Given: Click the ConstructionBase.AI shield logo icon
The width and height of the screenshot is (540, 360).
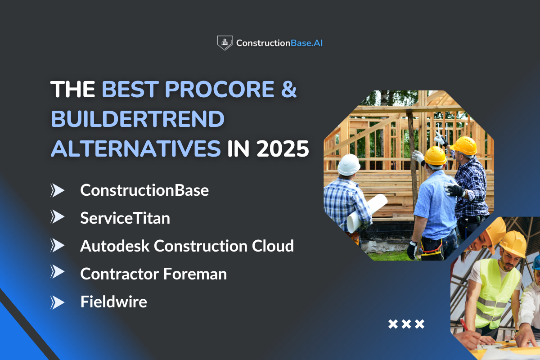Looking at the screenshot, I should [225, 43].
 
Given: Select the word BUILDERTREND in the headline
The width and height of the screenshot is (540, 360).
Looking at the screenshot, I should [137, 119].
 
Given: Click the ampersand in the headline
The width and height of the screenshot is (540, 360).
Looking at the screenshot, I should [288, 90].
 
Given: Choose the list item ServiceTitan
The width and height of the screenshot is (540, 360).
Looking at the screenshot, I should [125, 218].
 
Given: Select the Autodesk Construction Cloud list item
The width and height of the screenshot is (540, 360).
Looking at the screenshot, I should [187, 246].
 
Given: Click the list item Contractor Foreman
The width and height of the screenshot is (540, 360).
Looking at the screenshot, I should [153, 274].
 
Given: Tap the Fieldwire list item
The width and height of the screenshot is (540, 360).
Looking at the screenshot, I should [113, 301].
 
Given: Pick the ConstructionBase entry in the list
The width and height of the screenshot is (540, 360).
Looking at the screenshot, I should [144, 190].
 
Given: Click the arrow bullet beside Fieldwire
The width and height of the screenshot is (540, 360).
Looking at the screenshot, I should [58, 302].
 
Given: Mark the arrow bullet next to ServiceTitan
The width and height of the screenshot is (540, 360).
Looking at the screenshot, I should [58, 218].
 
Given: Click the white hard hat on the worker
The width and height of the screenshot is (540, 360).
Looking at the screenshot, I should [349, 165].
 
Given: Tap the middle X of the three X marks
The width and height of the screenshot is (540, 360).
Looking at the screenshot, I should [406, 324].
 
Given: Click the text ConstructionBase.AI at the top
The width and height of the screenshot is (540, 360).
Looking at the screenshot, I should [279, 43].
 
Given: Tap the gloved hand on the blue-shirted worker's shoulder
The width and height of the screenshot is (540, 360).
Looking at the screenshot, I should [454, 189].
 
